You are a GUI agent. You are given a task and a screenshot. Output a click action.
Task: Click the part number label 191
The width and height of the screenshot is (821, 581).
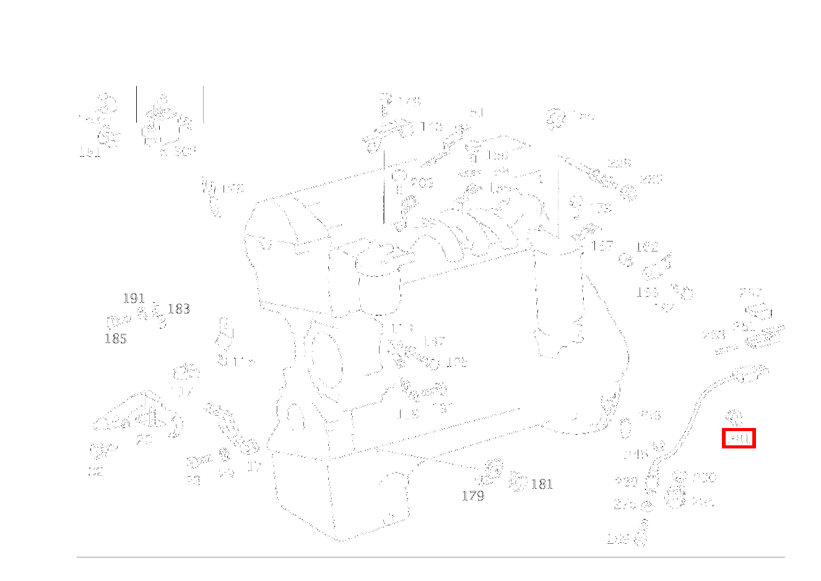click(134, 299)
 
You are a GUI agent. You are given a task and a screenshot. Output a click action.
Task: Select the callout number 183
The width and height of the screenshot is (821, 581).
click(178, 309)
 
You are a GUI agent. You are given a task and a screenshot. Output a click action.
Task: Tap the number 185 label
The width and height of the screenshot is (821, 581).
click(115, 339)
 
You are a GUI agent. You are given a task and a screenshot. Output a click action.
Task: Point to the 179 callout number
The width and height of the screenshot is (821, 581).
click(472, 496)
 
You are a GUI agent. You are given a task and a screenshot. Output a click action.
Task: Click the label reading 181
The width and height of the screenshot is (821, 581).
click(542, 484)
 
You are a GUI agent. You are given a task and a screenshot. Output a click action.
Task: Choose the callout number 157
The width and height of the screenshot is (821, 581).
click(602, 246)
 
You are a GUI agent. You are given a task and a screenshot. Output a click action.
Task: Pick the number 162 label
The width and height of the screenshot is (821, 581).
click(646, 247)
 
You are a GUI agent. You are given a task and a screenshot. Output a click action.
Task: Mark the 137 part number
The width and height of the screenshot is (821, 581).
click(434, 341)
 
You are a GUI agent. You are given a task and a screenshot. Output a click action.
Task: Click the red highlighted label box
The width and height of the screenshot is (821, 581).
click(739, 439)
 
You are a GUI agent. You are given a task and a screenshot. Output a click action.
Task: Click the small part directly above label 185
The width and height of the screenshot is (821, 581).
click(119, 321)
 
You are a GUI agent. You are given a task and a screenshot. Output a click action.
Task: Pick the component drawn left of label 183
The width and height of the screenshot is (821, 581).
click(159, 316)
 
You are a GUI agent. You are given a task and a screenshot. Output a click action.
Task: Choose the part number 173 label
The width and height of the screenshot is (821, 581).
click(600, 208)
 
